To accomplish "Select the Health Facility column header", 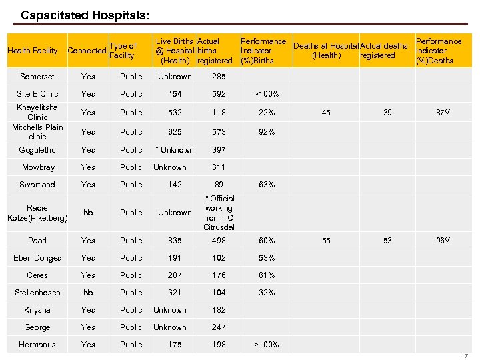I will click(32, 51).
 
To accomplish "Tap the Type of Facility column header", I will click(123, 51).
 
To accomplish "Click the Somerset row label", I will click(37, 77).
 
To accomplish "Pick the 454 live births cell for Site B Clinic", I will click(175, 94).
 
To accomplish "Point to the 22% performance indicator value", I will click(267, 113).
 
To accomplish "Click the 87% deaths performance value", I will click(443, 113).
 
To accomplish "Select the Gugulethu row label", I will click(37, 150).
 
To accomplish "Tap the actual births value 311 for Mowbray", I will click(219, 167).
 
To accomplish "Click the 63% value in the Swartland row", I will click(267, 185).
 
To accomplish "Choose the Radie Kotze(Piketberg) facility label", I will click(37, 213).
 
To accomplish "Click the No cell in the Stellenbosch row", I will click(88, 293).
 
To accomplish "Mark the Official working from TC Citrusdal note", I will click(219, 213).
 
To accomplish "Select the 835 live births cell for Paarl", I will click(175, 241).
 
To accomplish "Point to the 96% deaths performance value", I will click(443, 241).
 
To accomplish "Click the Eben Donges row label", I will click(37, 258).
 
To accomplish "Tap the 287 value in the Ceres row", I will click(175, 275).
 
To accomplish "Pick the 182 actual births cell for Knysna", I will click(219, 310).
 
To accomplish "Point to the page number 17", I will click(465, 356).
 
